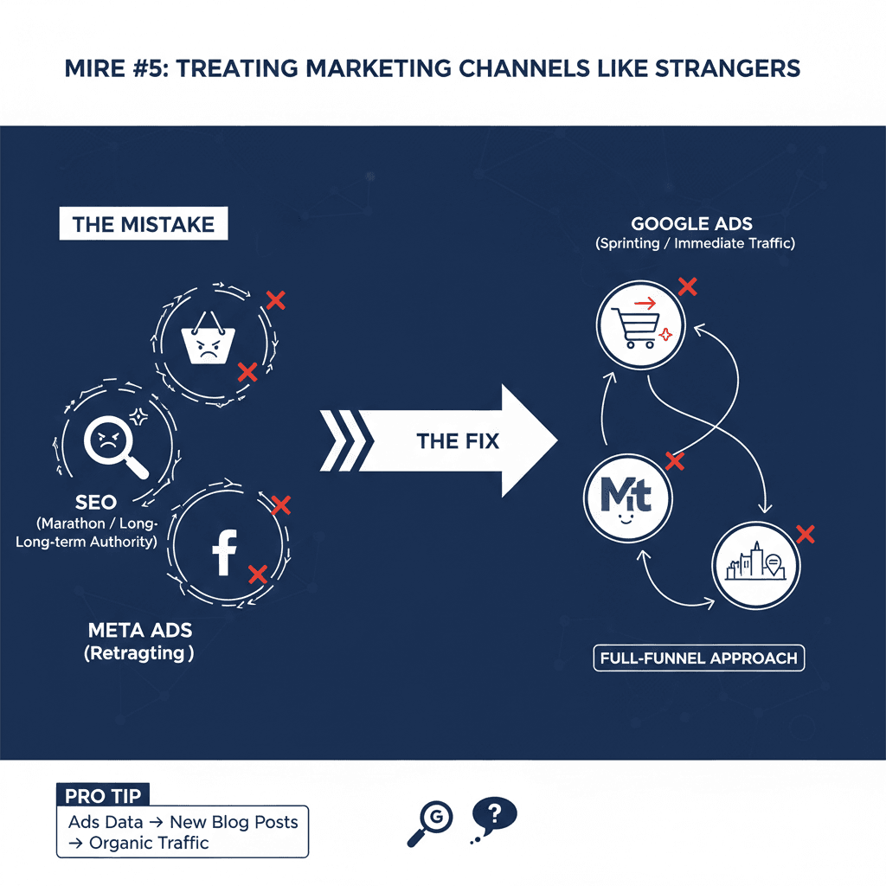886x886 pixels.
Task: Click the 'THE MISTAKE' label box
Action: pyautogui.click(x=143, y=224)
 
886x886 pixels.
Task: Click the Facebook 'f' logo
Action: pyautogui.click(x=225, y=553)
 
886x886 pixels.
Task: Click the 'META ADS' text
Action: pyautogui.click(x=139, y=631)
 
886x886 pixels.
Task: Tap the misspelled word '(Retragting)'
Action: pyautogui.click(x=139, y=653)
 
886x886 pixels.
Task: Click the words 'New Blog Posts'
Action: pyautogui.click(x=234, y=822)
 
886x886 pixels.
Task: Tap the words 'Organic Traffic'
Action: pyautogui.click(x=149, y=842)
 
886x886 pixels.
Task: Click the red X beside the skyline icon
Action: pyautogui.click(x=806, y=534)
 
